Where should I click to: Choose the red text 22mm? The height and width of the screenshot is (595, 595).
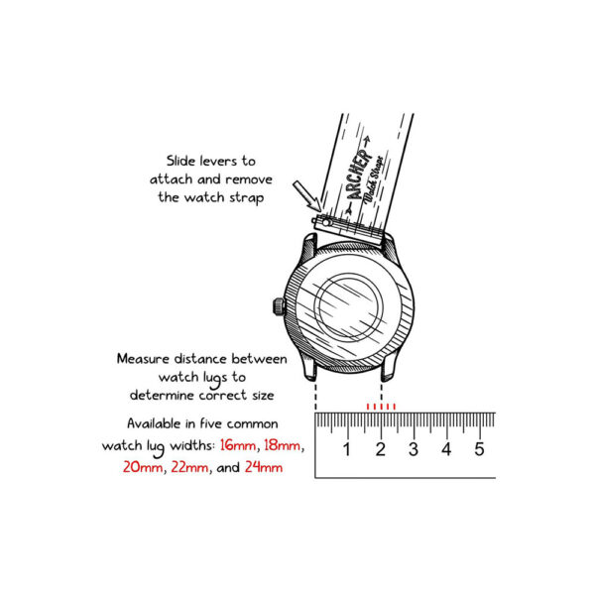tap(190, 466)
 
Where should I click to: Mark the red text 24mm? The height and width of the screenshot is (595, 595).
tap(263, 466)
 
